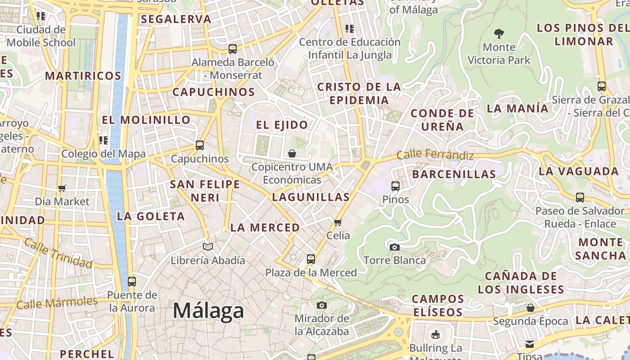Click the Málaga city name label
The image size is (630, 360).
(x=208, y=311)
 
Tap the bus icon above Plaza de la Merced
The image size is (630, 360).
(x=311, y=259)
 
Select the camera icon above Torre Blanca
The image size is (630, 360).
(x=395, y=247)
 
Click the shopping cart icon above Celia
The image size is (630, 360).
(x=338, y=222)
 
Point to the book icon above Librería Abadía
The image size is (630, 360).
(x=207, y=247)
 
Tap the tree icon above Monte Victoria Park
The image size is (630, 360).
(x=499, y=33)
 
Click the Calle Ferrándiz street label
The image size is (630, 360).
(x=435, y=155)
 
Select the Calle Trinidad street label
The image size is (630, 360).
(x=58, y=253)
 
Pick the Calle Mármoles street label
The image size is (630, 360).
(x=57, y=302)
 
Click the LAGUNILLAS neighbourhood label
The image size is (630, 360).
(x=311, y=197)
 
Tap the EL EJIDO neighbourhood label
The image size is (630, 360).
(x=282, y=125)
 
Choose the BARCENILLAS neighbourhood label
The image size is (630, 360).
(x=454, y=174)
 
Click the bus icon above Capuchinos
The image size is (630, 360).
(x=200, y=145)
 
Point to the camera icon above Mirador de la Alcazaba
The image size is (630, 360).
(x=321, y=306)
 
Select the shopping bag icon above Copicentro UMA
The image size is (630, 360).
(x=292, y=153)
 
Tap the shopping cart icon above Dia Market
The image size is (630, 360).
(x=62, y=188)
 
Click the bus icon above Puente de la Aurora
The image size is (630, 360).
(x=131, y=282)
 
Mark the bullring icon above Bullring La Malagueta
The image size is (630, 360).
(x=435, y=334)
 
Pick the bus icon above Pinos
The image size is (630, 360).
(x=396, y=186)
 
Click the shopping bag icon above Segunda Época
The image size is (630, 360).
(x=531, y=308)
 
